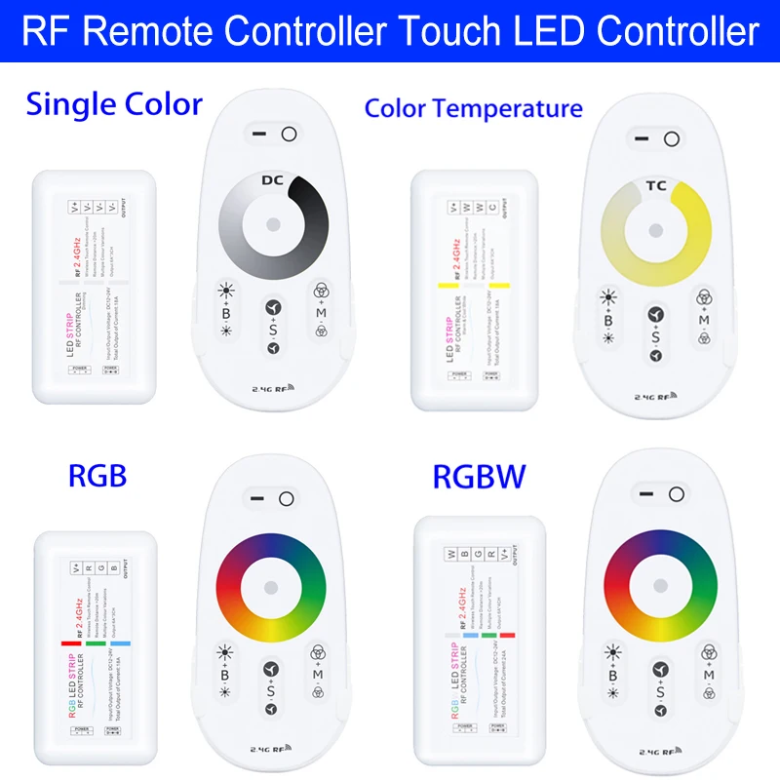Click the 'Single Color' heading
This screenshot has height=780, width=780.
point(114,103)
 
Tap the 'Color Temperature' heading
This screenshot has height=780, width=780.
point(473,107)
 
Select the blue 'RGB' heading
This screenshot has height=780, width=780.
point(97,475)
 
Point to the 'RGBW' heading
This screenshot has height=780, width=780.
point(480,477)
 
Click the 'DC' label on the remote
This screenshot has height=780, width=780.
point(273,179)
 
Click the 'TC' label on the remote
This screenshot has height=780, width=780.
point(657,183)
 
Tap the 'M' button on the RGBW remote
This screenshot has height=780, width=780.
point(704,675)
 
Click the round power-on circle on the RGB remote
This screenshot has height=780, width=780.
point(286,499)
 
